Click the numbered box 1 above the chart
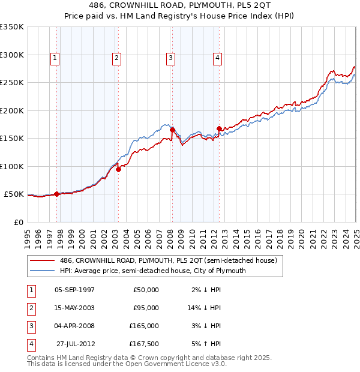click(55, 58)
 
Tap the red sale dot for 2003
click(118, 169)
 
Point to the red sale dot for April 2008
click(172, 130)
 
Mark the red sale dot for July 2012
click(219, 128)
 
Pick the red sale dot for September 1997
click(56, 194)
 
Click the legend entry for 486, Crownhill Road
click(169, 261)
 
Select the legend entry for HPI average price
click(152, 271)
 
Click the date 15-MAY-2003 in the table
click(74, 308)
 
